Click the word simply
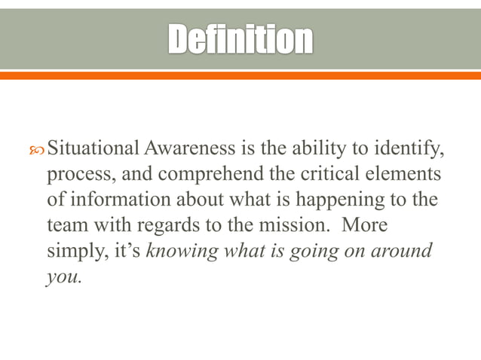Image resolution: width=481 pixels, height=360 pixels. [75, 251]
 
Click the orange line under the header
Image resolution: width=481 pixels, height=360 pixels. [240, 75]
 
